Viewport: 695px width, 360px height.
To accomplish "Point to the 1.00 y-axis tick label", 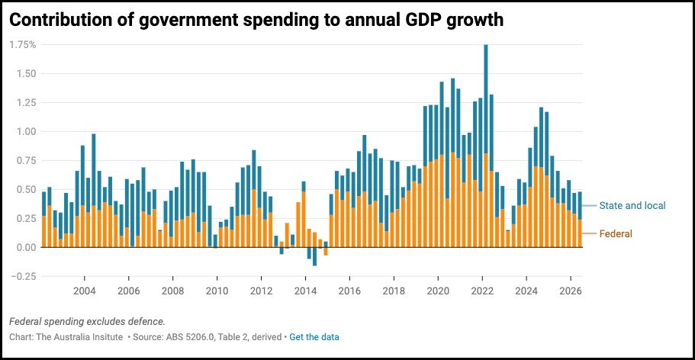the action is (26, 131).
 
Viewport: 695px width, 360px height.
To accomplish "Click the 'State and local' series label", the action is (632, 206).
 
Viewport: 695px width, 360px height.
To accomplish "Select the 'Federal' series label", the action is (616, 233).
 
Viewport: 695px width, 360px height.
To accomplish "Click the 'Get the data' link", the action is (314, 337).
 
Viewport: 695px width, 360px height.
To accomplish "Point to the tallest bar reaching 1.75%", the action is (486, 146).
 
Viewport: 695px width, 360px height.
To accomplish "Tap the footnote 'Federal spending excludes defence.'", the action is (87, 321).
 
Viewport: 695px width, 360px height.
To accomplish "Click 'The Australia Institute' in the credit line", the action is (79, 337).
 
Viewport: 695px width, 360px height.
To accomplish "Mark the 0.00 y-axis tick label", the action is (26, 247).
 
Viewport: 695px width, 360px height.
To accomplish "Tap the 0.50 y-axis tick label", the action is (26, 189).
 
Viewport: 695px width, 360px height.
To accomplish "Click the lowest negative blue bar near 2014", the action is (314, 256).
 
